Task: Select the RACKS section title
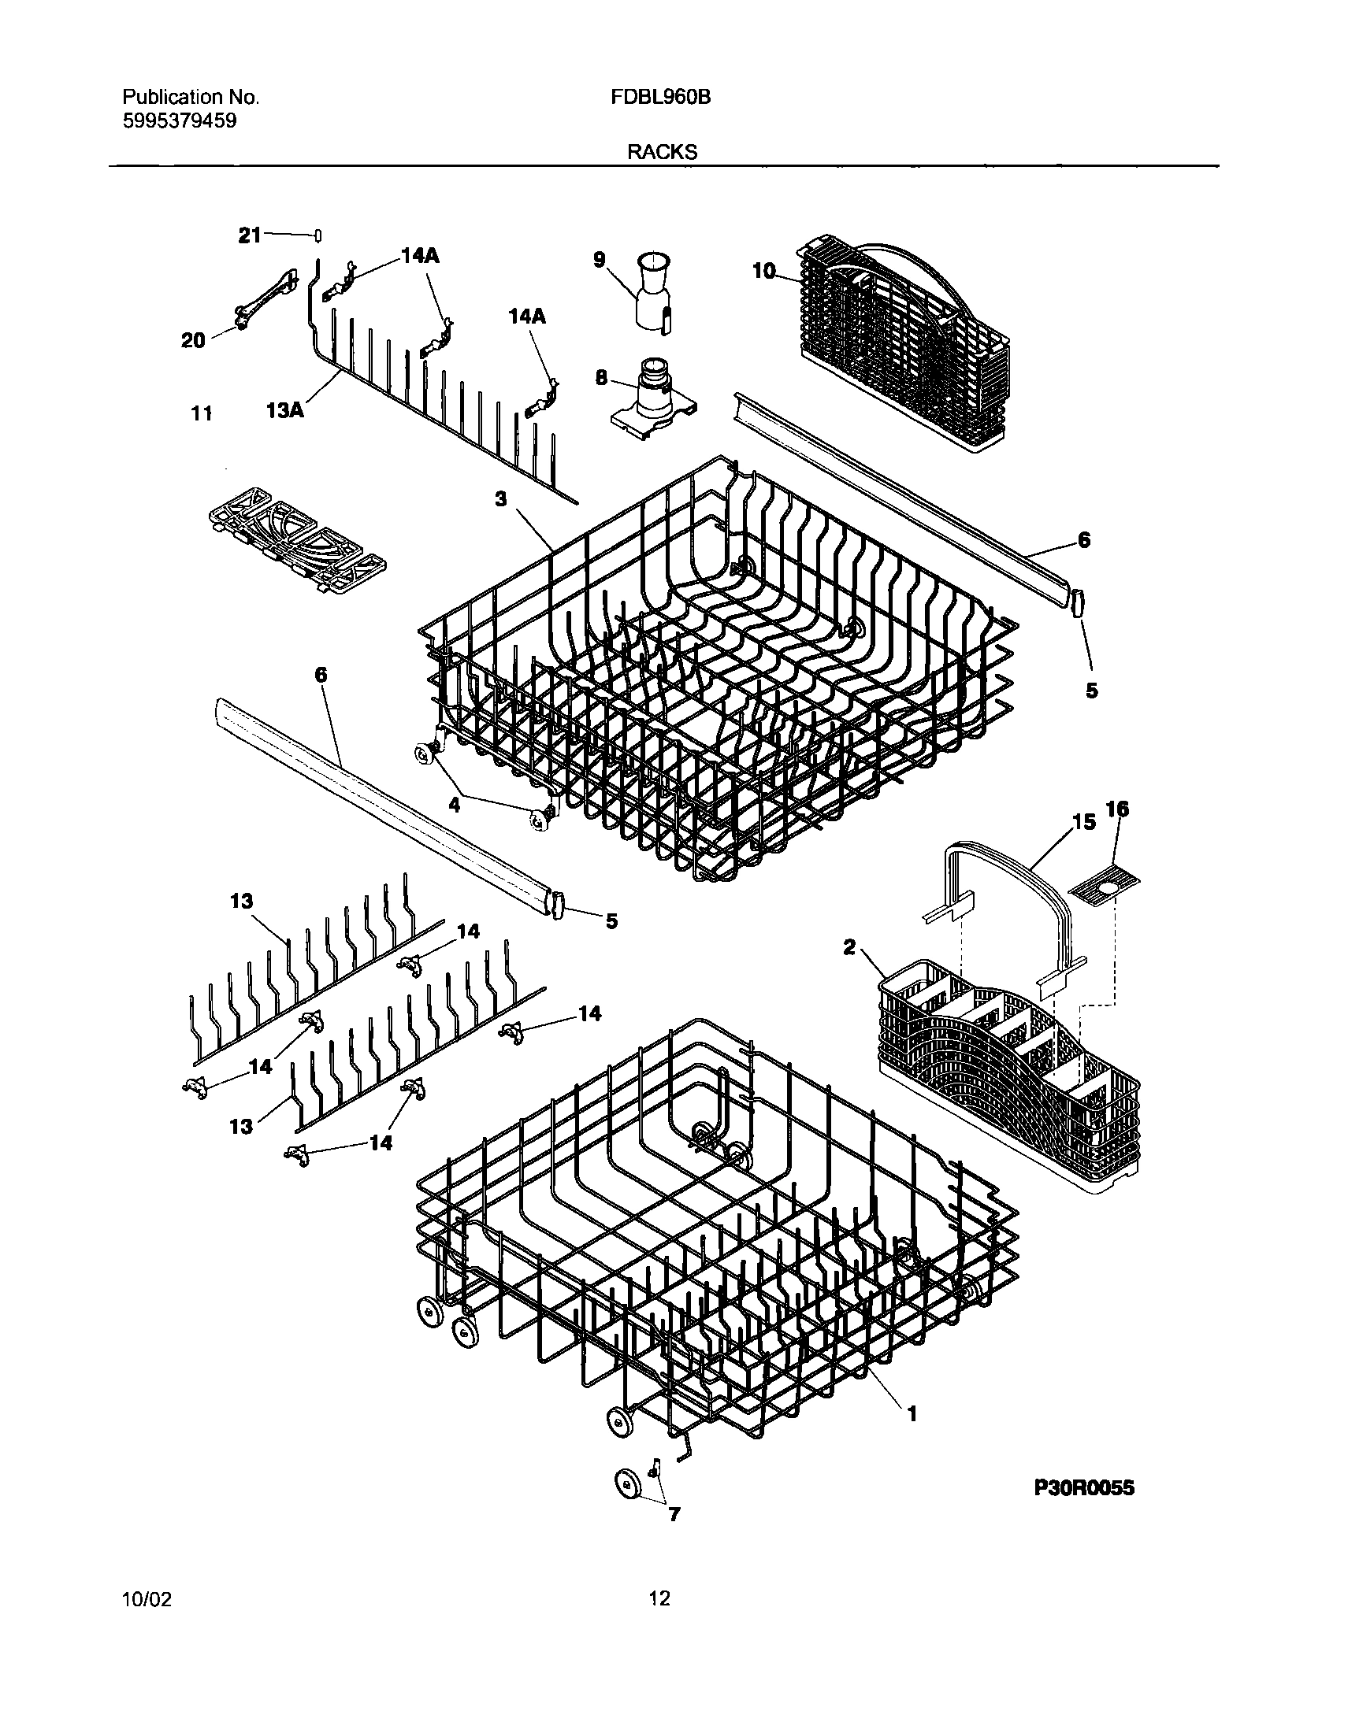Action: pos(662,153)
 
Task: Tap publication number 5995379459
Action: pos(179,120)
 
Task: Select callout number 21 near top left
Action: pos(250,235)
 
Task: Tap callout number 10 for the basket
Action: pos(763,271)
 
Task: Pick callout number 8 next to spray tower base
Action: pos(601,378)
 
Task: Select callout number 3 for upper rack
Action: pos(500,499)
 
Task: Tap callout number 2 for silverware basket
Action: pos(849,946)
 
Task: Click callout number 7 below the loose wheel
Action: pos(674,1514)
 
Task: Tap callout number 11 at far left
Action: pos(202,413)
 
